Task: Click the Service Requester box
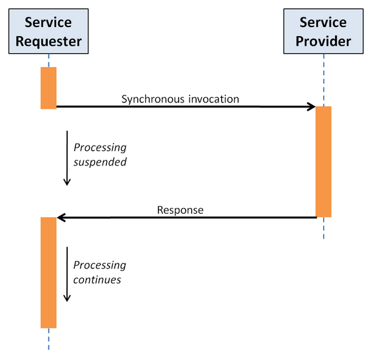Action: tap(48, 31)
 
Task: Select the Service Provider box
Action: tap(324, 31)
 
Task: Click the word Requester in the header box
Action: tap(48, 41)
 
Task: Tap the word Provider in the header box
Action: tap(324, 41)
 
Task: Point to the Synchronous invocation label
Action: tap(180, 99)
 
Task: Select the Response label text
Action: tap(181, 210)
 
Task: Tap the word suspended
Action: tap(100, 162)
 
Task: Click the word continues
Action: tap(97, 279)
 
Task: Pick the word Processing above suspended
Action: tap(100, 147)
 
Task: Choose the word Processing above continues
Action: tap(100, 265)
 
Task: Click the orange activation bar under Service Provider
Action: tap(324, 162)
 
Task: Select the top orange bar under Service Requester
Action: tap(48, 88)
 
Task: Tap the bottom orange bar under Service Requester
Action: tap(48, 272)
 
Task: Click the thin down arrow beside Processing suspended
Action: tap(67, 158)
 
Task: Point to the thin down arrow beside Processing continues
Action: tap(67, 274)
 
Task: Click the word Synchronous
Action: tap(153, 99)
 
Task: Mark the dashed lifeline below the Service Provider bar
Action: tap(324, 228)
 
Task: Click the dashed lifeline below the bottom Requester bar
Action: tap(48, 339)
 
